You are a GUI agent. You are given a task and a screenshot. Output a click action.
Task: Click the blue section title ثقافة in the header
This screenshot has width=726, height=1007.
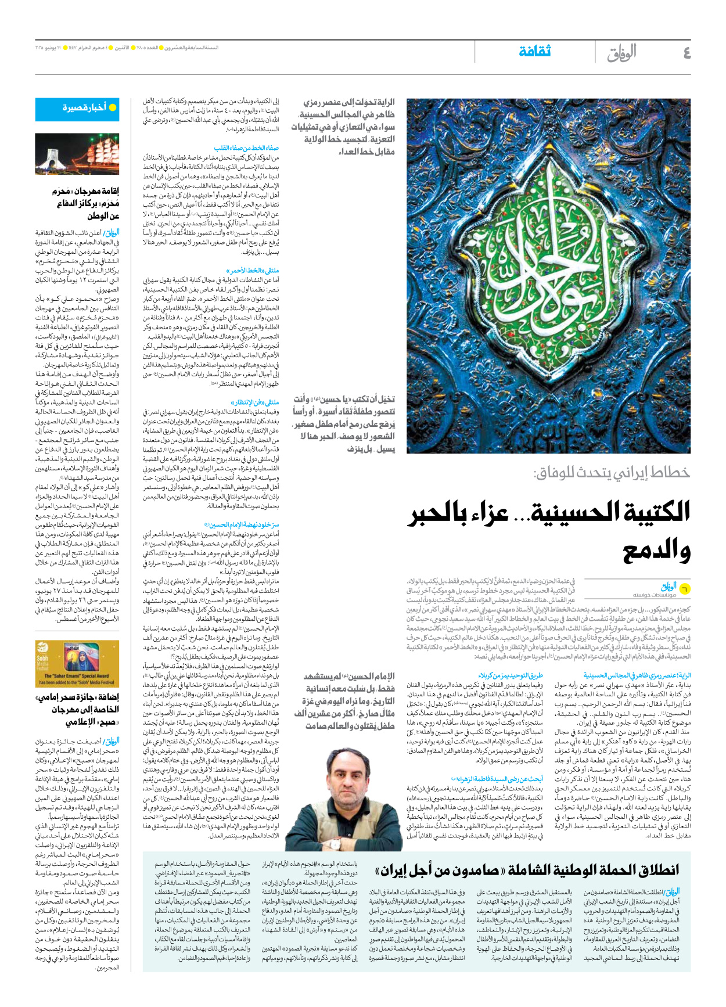[534, 52]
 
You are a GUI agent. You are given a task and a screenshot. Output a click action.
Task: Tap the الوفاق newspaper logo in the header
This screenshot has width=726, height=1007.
[621, 53]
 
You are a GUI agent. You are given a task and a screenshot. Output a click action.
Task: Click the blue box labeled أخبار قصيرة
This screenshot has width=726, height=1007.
[77, 109]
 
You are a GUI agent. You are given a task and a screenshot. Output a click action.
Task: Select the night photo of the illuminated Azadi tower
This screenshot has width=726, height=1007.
[77, 154]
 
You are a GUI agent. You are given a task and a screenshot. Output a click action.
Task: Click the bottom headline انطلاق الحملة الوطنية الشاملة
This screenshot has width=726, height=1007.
[527, 870]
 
